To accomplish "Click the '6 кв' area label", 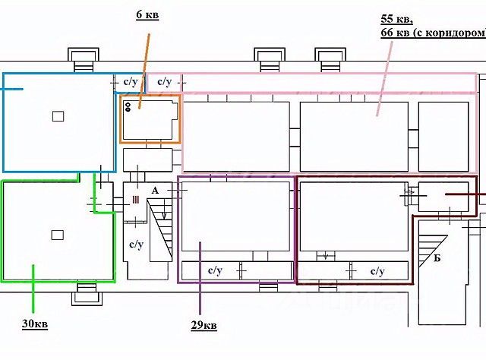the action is [x=147, y=15].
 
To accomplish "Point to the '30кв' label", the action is [x=36, y=324].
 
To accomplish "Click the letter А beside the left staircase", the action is [x=155, y=191].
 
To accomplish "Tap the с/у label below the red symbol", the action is [x=136, y=245].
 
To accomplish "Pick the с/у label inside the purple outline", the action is [x=215, y=270].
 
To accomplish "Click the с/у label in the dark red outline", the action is [x=377, y=270].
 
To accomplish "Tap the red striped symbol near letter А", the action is [x=135, y=200].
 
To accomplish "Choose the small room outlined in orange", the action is [x=150, y=118].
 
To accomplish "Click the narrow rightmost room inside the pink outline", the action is [x=443, y=136].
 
